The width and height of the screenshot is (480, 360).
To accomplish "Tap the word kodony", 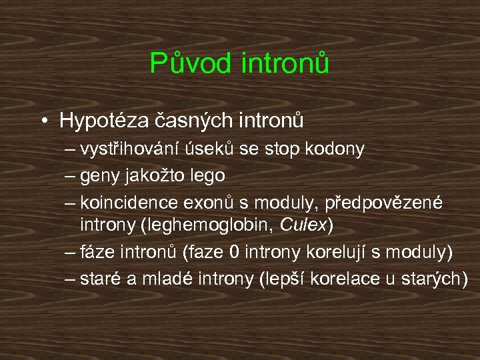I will [x=337, y=149].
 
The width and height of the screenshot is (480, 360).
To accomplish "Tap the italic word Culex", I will [x=304, y=225].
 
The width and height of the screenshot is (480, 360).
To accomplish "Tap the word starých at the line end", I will [x=433, y=279].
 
